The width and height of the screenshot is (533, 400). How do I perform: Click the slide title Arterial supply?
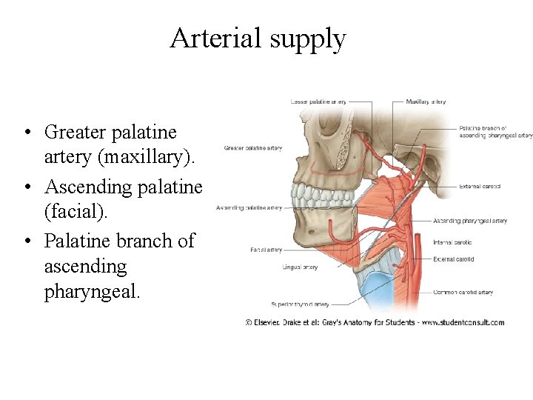point(258,39)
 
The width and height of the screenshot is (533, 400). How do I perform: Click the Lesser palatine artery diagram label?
point(318,101)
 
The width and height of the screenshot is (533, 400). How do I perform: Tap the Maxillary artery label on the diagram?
point(426,101)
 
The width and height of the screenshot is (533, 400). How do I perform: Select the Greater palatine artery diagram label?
point(252,148)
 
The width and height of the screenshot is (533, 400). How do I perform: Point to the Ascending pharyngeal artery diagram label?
point(469,221)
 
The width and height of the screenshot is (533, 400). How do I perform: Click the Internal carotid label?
point(452,242)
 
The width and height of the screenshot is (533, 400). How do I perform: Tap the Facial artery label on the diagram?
point(265,250)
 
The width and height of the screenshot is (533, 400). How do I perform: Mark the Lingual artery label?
point(300,267)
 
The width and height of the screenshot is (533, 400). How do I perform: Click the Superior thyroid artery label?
point(299,304)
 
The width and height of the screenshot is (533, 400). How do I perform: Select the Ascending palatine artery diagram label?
point(249,208)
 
